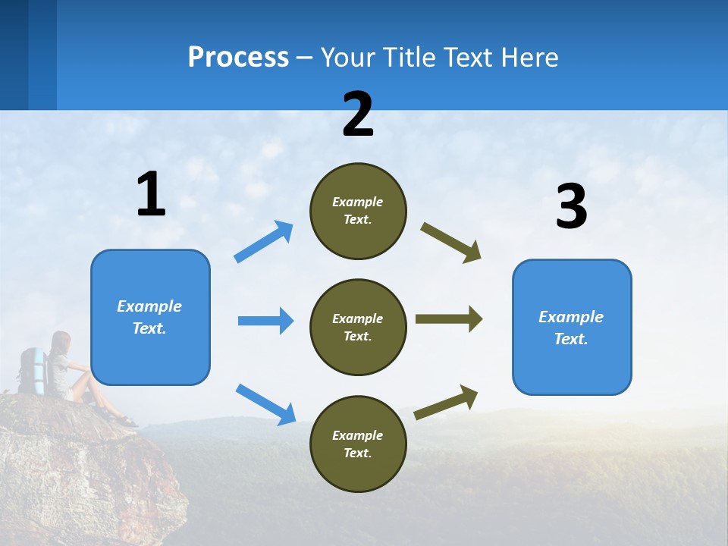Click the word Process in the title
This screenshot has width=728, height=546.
(238, 58)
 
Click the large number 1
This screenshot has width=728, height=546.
(151, 194)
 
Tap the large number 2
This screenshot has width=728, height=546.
(358, 115)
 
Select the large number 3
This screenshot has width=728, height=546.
(571, 207)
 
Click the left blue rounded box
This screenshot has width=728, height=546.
(150, 317)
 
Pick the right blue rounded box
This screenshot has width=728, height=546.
(572, 327)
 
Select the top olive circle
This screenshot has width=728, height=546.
(358, 211)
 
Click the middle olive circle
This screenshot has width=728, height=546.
(358, 327)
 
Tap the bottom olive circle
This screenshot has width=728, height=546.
(358, 444)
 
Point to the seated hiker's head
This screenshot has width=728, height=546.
(61, 341)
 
